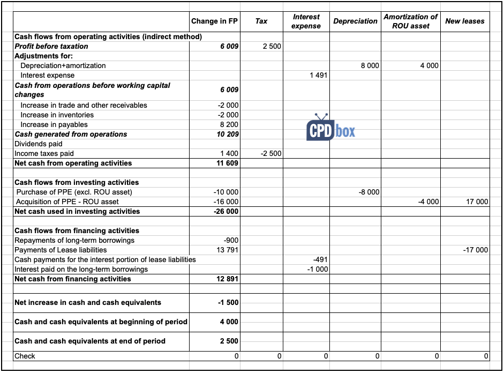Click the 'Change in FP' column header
(x=214, y=21)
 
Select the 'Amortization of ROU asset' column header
(x=410, y=21)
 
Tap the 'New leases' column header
(x=464, y=21)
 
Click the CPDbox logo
(x=330, y=129)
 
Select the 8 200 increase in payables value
(x=229, y=125)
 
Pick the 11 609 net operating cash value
(x=228, y=163)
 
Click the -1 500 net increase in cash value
(x=229, y=303)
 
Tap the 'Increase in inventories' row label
(x=57, y=115)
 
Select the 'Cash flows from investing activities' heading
(x=77, y=183)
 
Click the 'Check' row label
(x=25, y=356)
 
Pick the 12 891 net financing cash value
(x=228, y=279)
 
